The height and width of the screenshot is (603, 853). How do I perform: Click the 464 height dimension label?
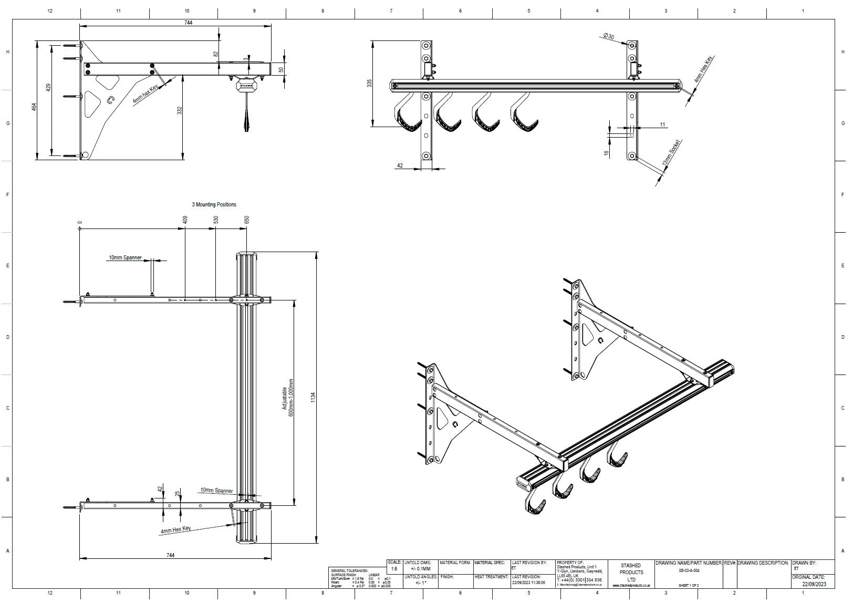(x=34, y=107)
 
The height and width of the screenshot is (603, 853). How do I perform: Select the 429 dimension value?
(x=48, y=88)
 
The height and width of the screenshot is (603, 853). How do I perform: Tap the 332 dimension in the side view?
(x=179, y=111)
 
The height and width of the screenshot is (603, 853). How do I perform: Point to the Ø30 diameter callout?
(x=609, y=36)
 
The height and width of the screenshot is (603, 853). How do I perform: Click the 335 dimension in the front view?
(x=369, y=83)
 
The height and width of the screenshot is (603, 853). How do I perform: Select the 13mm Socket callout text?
(x=672, y=154)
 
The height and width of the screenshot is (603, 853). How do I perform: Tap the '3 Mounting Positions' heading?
(x=214, y=204)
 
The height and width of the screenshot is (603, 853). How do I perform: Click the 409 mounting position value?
(x=185, y=220)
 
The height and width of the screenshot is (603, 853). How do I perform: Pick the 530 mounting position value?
(x=216, y=220)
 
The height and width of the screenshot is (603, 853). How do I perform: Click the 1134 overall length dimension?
(x=314, y=398)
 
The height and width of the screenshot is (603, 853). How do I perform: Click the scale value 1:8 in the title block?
(x=394, y=568)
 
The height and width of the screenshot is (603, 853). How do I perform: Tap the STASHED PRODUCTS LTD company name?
(x=631, y=573)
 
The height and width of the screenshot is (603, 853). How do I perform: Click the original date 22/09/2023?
(x=814, y=584)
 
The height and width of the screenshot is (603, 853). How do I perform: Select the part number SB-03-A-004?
(x=689, y=570)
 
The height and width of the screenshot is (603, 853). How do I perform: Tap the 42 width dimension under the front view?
(x=400, y=165)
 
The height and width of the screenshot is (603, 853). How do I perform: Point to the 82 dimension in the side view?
(x=215, y=54)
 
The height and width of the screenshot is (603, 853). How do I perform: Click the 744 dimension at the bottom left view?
(x=170, y=555)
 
